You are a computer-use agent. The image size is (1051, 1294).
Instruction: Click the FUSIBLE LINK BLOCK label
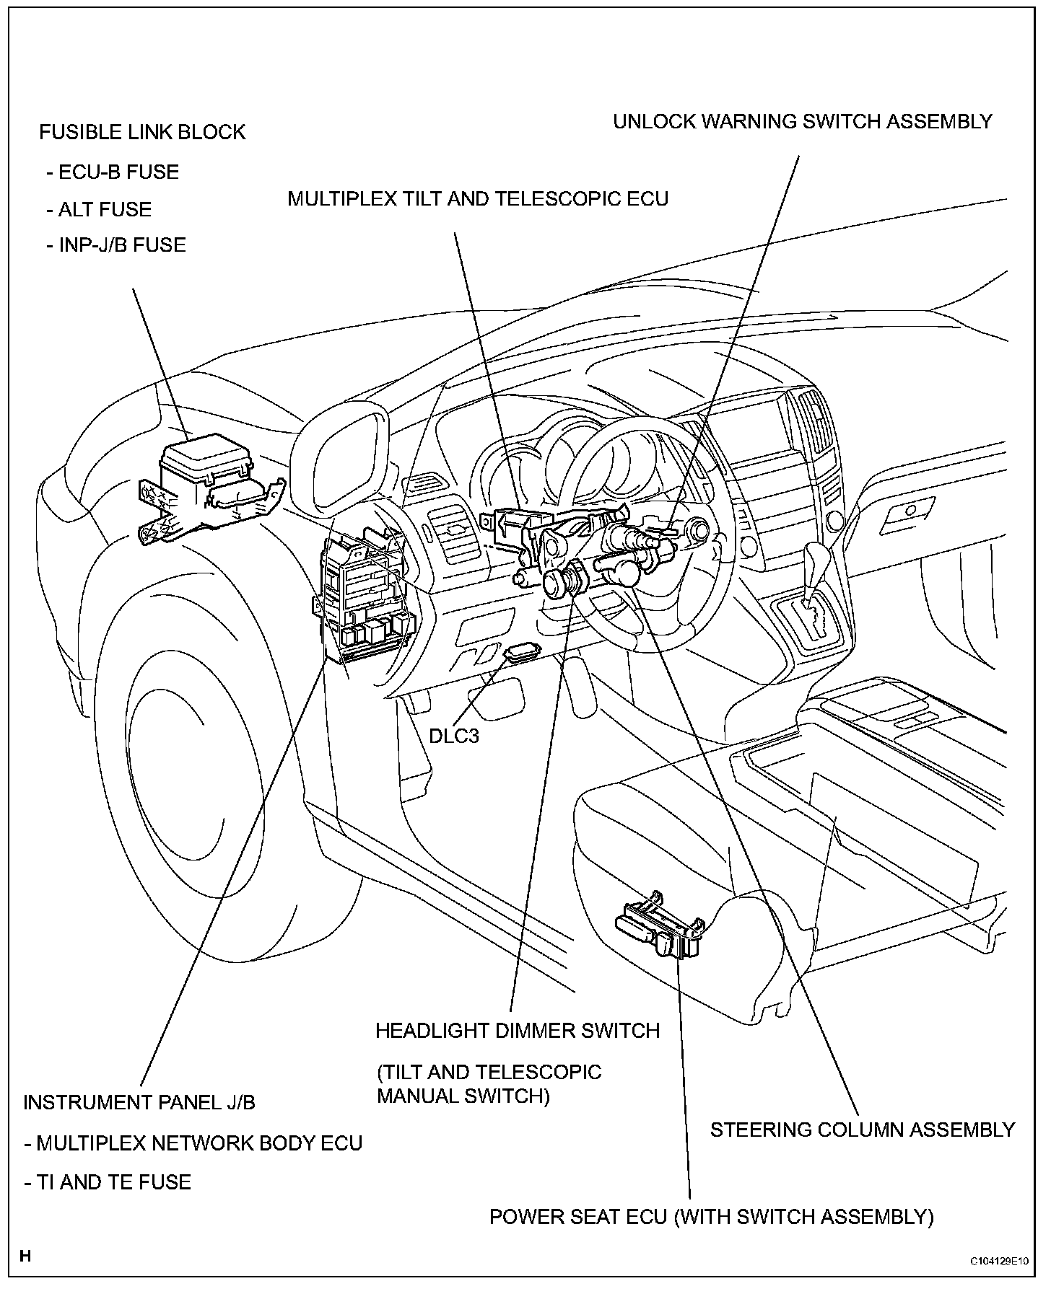point(142,133)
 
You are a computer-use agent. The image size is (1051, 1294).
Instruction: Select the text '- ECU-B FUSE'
point(112,172)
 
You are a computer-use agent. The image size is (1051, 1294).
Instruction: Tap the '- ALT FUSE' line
point(99,210)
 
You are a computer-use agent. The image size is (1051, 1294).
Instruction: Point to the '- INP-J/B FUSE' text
point(115,245)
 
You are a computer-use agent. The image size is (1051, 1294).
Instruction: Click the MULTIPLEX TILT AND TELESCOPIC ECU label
point(478,199)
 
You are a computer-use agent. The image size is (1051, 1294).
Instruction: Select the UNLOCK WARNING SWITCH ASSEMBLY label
point(803,122)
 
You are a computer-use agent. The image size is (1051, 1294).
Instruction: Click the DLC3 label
point(454,736)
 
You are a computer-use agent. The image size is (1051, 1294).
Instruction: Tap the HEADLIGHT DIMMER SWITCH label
point(518,1031)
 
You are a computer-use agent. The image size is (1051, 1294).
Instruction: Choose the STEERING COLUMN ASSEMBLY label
point(863,1130)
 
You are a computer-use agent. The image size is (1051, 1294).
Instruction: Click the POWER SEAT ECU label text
point(711,1217)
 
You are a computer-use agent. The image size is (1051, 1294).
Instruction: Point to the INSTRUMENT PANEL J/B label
point(139,1102)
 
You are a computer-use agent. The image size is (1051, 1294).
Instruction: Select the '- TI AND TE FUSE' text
point(108,1182)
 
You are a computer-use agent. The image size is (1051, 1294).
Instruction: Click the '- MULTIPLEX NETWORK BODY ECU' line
point(193,1143)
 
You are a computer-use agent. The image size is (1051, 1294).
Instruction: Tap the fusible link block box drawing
point(206,480)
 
